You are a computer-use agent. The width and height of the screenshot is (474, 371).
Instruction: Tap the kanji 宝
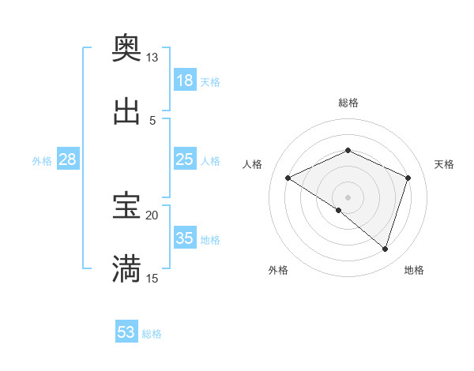[x=126, y=206]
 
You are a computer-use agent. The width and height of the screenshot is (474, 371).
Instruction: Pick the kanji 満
[x=126, y=268]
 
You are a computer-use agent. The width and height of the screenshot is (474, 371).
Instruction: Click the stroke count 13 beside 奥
[x=152, y=58]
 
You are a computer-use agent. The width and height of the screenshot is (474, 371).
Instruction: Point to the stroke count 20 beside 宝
[x=152, y=215]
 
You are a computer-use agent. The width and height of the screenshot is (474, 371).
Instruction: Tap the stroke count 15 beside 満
[x=152, y=278]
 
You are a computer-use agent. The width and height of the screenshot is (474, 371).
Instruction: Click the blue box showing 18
[x=185, y=81]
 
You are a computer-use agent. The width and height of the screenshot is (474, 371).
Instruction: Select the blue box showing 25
[x=185, y=159]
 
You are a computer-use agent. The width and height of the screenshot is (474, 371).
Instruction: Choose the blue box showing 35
[x=185, y=238]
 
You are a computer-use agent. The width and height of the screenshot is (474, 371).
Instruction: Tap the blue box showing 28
[x=68, y=159]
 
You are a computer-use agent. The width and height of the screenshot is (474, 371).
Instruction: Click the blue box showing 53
[x=126, y=332]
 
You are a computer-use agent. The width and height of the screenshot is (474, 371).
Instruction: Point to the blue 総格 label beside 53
[x=152, y=334]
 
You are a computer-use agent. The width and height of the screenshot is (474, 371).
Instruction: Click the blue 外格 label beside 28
[x=42, y=161]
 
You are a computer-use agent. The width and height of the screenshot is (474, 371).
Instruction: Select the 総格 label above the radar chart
[x=348, y=103]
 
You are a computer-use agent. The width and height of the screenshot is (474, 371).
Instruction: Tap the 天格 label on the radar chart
[x=444, y=164]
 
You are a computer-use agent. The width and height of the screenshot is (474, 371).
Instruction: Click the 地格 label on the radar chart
[x=414, y=270]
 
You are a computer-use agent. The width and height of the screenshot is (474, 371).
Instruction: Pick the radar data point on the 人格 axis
[x=288, y=178]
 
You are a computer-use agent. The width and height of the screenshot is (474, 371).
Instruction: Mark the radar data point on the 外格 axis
[x=339, y=210]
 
